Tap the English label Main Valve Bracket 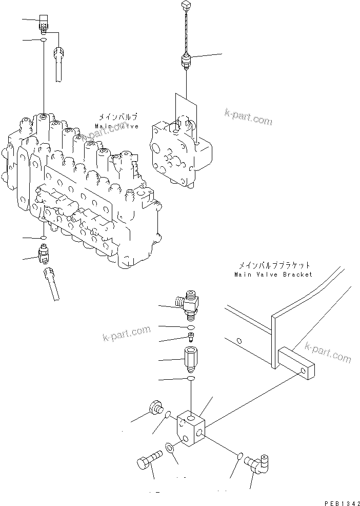click(x=273, y=275)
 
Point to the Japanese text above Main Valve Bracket click(x=274, y=266)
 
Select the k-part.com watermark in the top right click(x=248, y=117)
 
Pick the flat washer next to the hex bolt click(x=170, y=448)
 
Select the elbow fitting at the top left click(x=44, y=24)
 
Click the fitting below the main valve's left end click(x=44, y=253)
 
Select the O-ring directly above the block click(x=191, y=378)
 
